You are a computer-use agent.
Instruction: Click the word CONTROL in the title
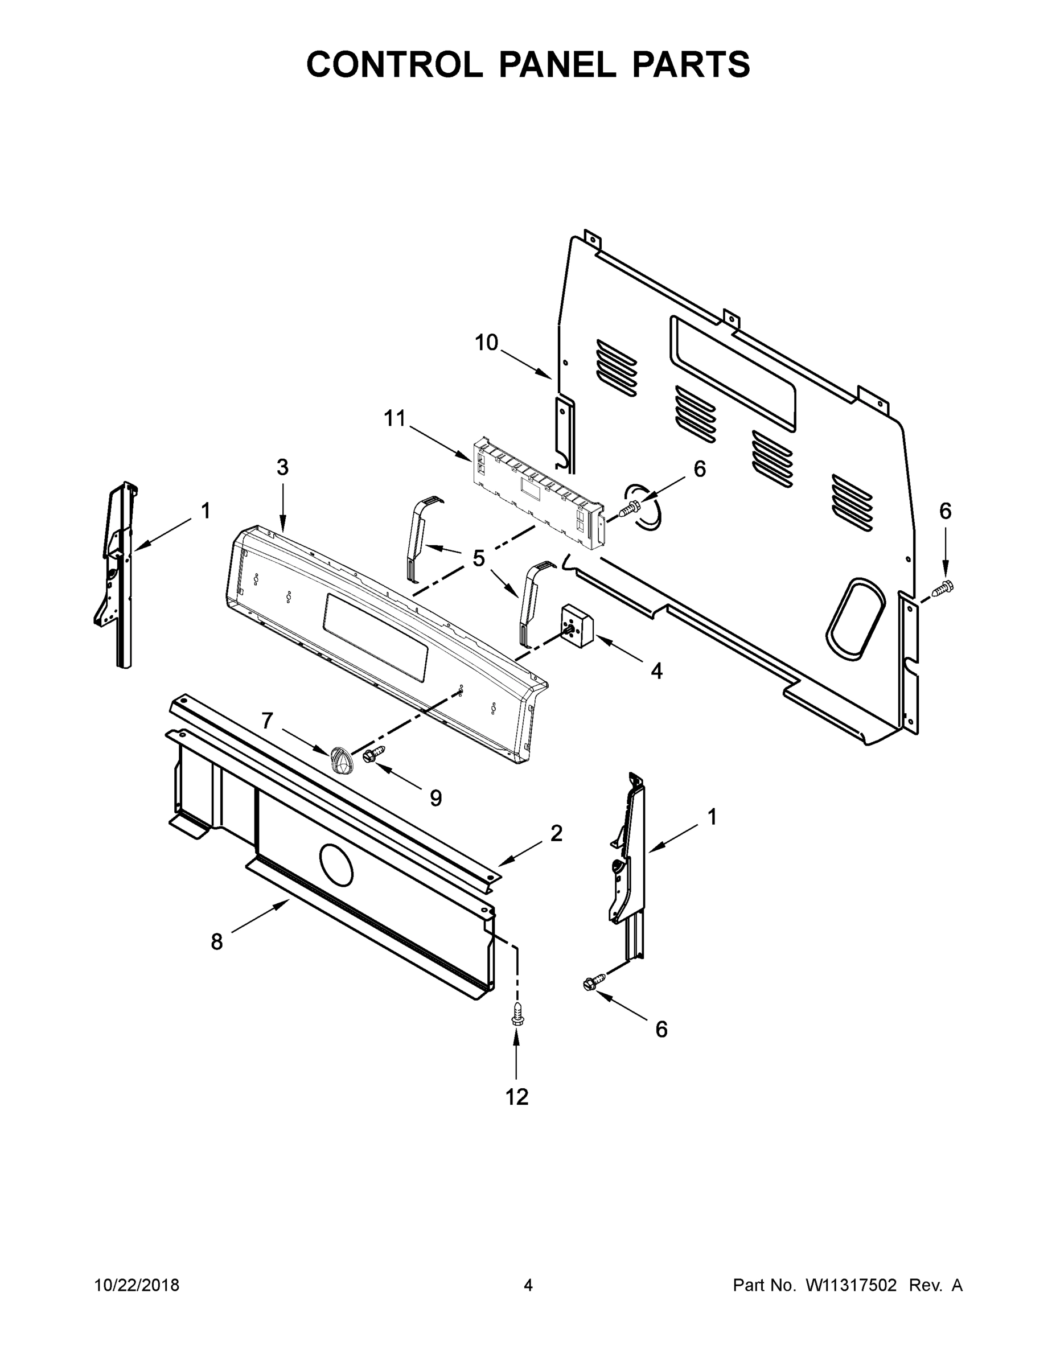[x=394, y=64]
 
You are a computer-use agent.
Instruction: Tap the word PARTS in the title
[x=691, y=64]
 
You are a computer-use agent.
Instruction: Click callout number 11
[x=395, y=418]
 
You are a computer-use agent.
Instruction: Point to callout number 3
[x=282, y=467]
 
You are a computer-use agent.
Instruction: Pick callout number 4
[x=656, y=671]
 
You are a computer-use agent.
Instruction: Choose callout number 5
[x=479, y=558]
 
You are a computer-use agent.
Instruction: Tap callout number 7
[x=267, y=721]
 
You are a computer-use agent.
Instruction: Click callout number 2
[x=556, y=833]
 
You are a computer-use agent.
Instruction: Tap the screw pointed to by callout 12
[x=517, y=1013]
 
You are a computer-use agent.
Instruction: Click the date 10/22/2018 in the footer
[x=137, y=1285]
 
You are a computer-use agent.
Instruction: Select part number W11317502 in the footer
[x=851, y=1285]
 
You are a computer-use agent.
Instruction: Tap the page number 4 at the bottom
[x=528, y=1285]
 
